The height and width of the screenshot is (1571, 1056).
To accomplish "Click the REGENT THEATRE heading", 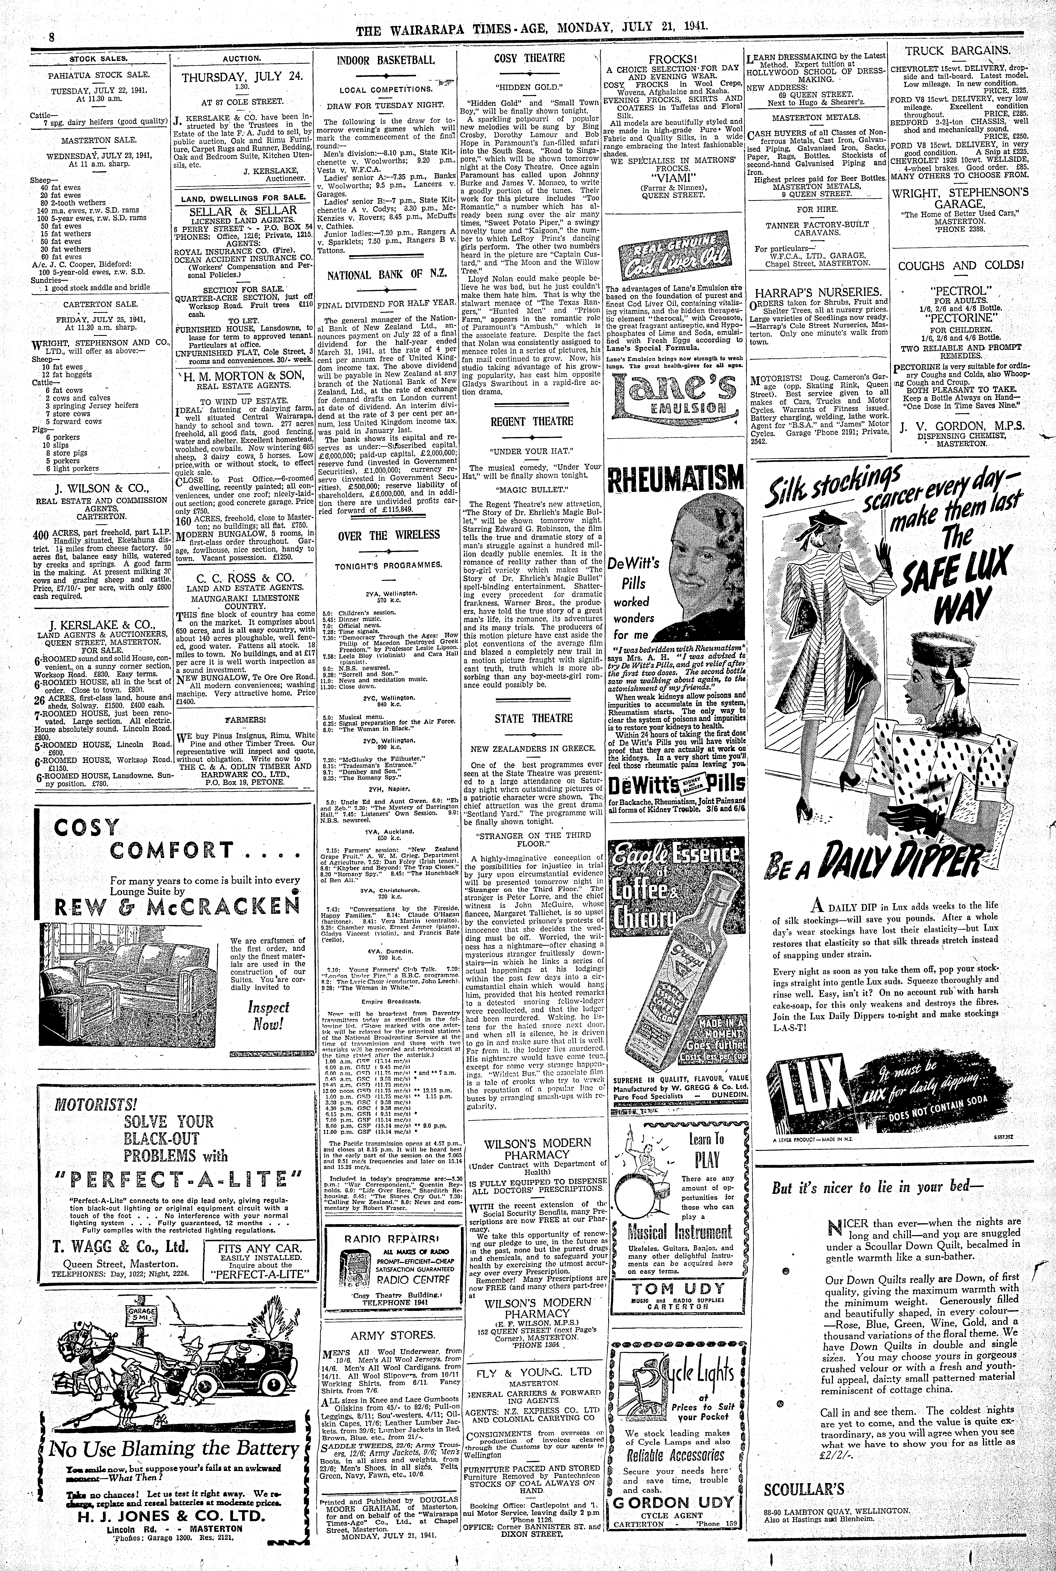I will (x=532, y=421).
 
